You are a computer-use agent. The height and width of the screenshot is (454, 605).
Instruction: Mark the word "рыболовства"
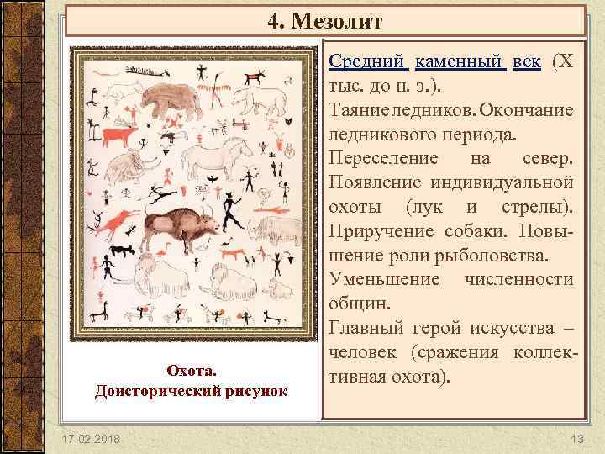click(483, 254)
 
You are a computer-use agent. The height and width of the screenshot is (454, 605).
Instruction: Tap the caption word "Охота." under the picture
click(192, 371)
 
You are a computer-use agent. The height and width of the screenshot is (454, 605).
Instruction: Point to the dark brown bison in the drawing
click(178, 228)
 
